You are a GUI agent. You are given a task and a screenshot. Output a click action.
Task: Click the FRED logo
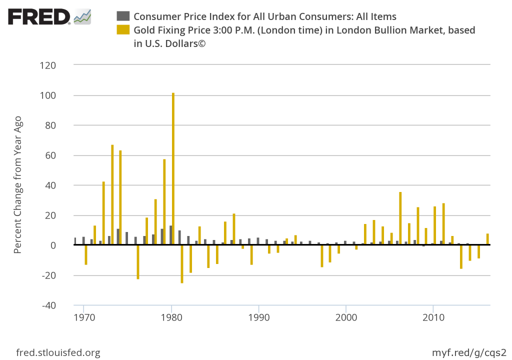[x=49, y=17]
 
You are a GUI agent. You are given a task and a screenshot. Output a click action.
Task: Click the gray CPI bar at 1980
[x=170, y=235]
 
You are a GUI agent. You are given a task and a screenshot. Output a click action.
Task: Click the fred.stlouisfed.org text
[x=58, y=352]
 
